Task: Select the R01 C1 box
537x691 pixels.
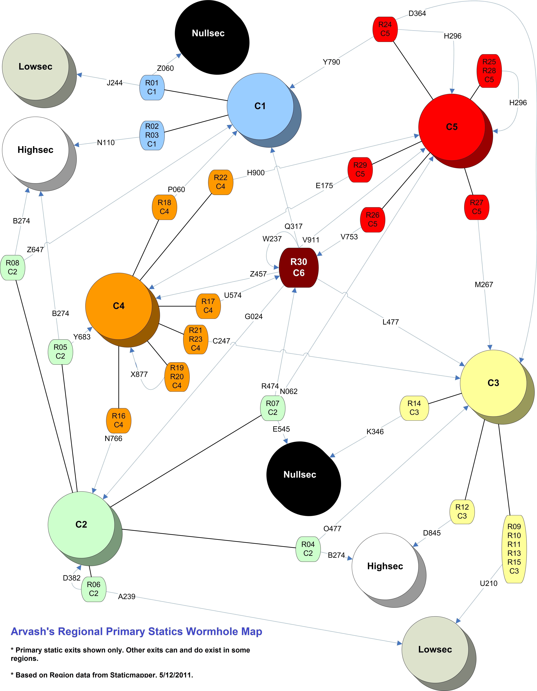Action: click(152, 87)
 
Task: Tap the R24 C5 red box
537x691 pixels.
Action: click(385, 29)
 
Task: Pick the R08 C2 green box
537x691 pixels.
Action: click(13, 267)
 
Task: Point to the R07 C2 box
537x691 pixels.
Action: click(272, 408)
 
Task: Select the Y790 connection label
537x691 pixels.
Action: click(331, 62)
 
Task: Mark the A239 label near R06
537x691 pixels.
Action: click(127, 596)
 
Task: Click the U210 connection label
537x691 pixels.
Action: click(489, 583)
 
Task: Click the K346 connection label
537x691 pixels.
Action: click(375, 432)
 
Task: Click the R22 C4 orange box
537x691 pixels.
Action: click(221, 182)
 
